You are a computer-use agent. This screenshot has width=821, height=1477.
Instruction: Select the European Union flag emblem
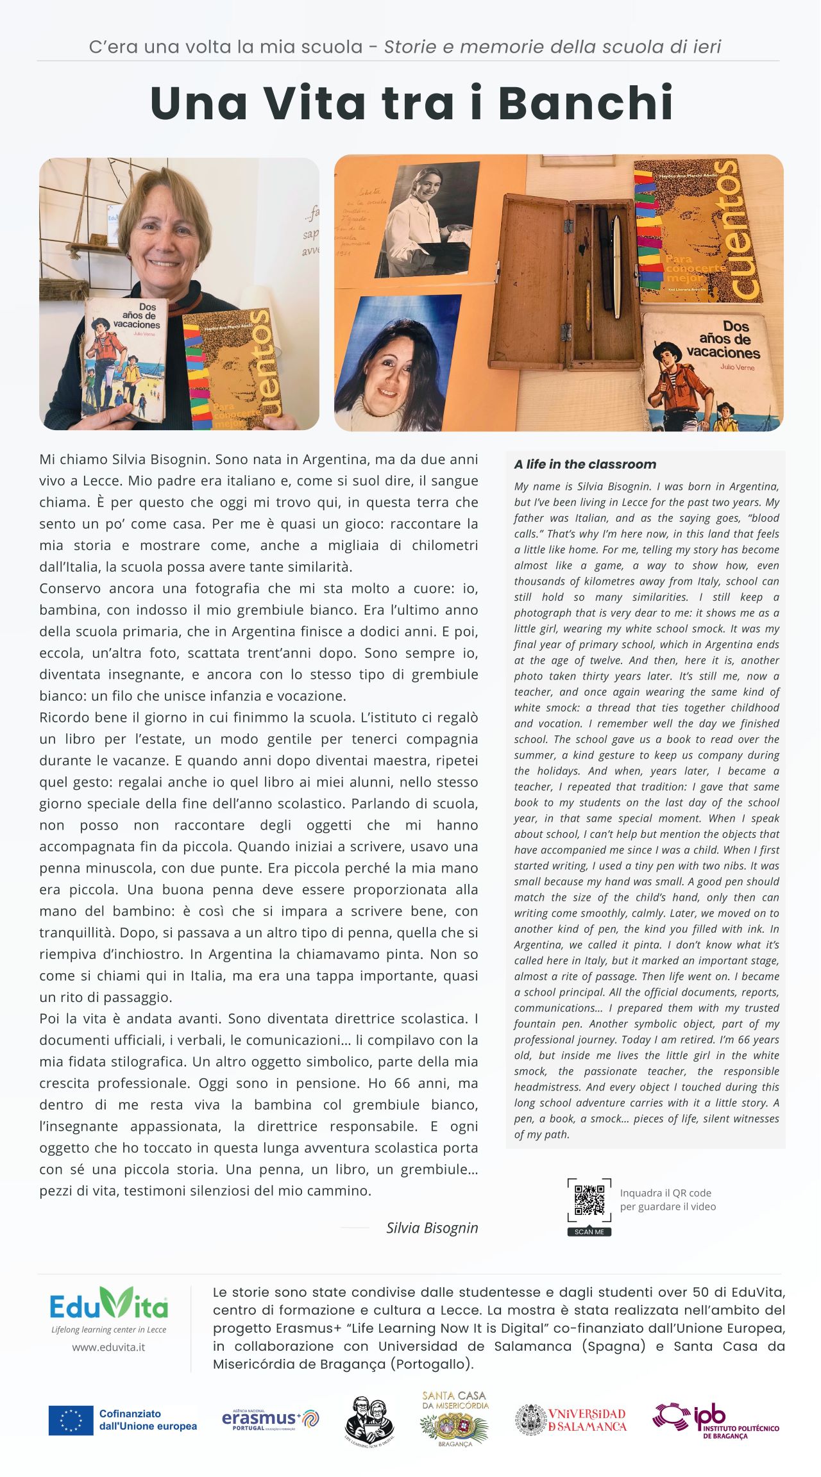click(x=71, y=1420)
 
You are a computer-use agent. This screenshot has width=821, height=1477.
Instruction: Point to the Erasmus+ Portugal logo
click(x=270, y=1419)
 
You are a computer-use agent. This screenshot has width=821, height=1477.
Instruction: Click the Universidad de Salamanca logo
click(x=571, y=1419)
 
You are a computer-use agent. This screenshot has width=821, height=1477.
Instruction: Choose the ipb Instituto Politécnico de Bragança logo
click(x=716, y=1420)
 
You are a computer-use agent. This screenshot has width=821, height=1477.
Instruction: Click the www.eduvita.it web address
click(x=108, y=1347)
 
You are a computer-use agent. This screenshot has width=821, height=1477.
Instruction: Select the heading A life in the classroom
click(x=585, y=464)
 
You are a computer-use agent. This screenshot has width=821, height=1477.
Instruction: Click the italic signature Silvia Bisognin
click(x=432, y=1228)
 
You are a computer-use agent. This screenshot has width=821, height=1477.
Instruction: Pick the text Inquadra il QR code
click(x=665, y=1193)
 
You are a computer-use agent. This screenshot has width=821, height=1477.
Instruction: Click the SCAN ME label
click(x=589, y=1231)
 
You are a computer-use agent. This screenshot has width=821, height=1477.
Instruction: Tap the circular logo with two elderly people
click(x=369, y=1420)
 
